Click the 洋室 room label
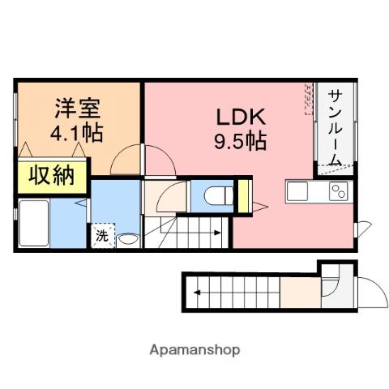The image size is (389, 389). point(77,108)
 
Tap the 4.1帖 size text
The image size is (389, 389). point(77,131)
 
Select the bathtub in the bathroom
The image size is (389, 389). point(36,222)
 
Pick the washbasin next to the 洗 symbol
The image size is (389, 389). point(128,239)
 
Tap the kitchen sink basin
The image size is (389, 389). point(297,192)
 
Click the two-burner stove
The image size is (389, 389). point(336,192)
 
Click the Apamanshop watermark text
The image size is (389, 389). point(194,351)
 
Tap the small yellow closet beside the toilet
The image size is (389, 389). point(241,199)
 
